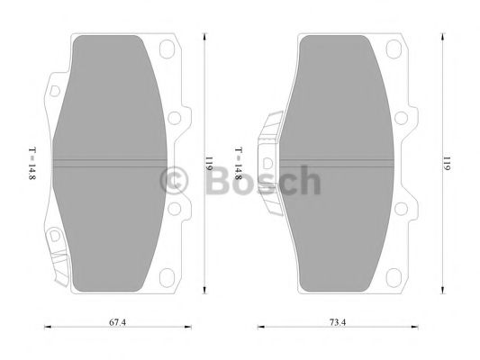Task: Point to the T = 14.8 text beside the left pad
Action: [33, 165]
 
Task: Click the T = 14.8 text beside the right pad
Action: [238, 165]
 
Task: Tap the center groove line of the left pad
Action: [108, 163]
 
